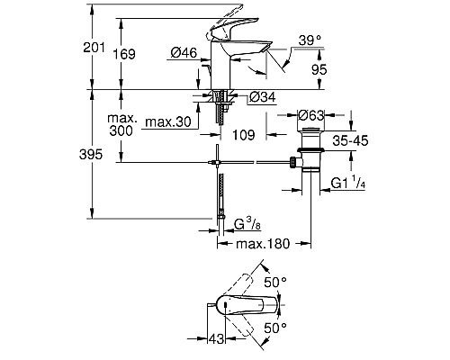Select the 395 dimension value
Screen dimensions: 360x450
coord(103,155)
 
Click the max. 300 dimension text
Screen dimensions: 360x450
coord(120,124)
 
